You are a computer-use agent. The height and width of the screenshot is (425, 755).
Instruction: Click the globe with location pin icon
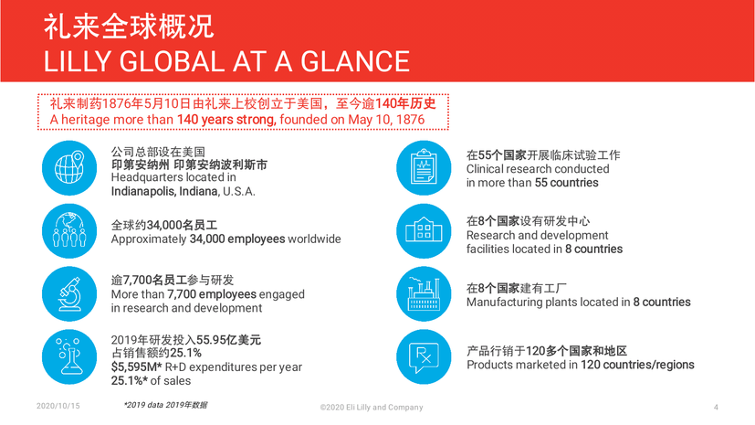[x=69, y=167]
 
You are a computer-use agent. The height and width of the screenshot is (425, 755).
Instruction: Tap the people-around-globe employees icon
[x=69, y=231]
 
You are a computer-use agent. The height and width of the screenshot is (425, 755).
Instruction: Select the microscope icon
[x=69, y=294]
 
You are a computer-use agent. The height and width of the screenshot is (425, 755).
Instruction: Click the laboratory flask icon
[x=69, y=356]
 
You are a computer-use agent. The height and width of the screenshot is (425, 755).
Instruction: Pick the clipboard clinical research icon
[x=424, y=167]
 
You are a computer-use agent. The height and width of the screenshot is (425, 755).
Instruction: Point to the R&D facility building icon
[x=424, y=231]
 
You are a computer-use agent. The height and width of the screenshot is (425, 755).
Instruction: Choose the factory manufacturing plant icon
[x=424, y=294]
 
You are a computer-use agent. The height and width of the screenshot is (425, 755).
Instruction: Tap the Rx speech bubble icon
[x=424, y=356]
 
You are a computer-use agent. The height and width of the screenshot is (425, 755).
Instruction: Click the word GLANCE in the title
[x=355, y=61]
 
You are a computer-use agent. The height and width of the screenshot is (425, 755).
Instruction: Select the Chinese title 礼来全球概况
[x=129, y=27]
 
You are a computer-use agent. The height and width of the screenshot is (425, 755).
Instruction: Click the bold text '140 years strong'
[x=226, y=120]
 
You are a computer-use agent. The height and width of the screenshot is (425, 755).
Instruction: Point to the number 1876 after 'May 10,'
[x=409, y=120]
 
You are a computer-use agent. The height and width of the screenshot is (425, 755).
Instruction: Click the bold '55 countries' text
[x=566, y=183]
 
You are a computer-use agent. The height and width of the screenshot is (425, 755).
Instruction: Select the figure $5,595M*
[x=136, y=367]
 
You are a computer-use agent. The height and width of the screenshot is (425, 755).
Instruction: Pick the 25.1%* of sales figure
[x=151, y=380]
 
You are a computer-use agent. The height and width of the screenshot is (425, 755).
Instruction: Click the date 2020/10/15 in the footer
[x=58, y=406]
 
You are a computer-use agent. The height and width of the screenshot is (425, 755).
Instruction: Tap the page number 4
[x=716, y=407]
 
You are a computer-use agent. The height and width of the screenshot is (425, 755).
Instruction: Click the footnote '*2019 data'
[x=144, y=405]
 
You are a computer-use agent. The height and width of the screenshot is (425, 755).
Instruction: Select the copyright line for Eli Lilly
[x=372, y=407]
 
